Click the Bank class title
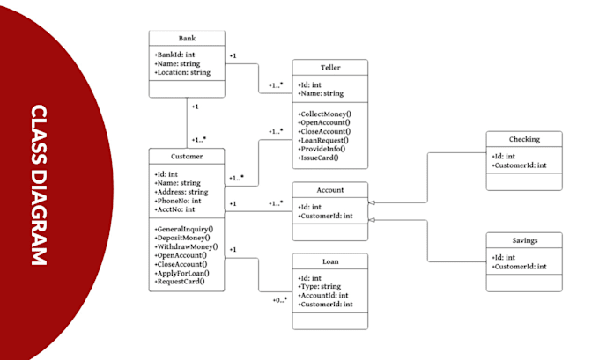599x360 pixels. [187, 40]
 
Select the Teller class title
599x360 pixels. [330, 68]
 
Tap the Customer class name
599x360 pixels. [187, 156]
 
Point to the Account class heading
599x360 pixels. [330, 189]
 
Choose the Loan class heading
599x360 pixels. [330, 261]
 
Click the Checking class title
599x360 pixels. [523, 139]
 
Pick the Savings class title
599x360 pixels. [523, 239]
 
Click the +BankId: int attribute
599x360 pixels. [176, 55]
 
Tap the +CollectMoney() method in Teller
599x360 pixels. [325, 114]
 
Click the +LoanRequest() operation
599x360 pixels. [323, 140]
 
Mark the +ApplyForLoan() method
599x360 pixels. [182, 274]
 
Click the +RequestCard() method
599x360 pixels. [181, 283]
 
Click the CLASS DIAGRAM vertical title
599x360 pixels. [39, 185]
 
